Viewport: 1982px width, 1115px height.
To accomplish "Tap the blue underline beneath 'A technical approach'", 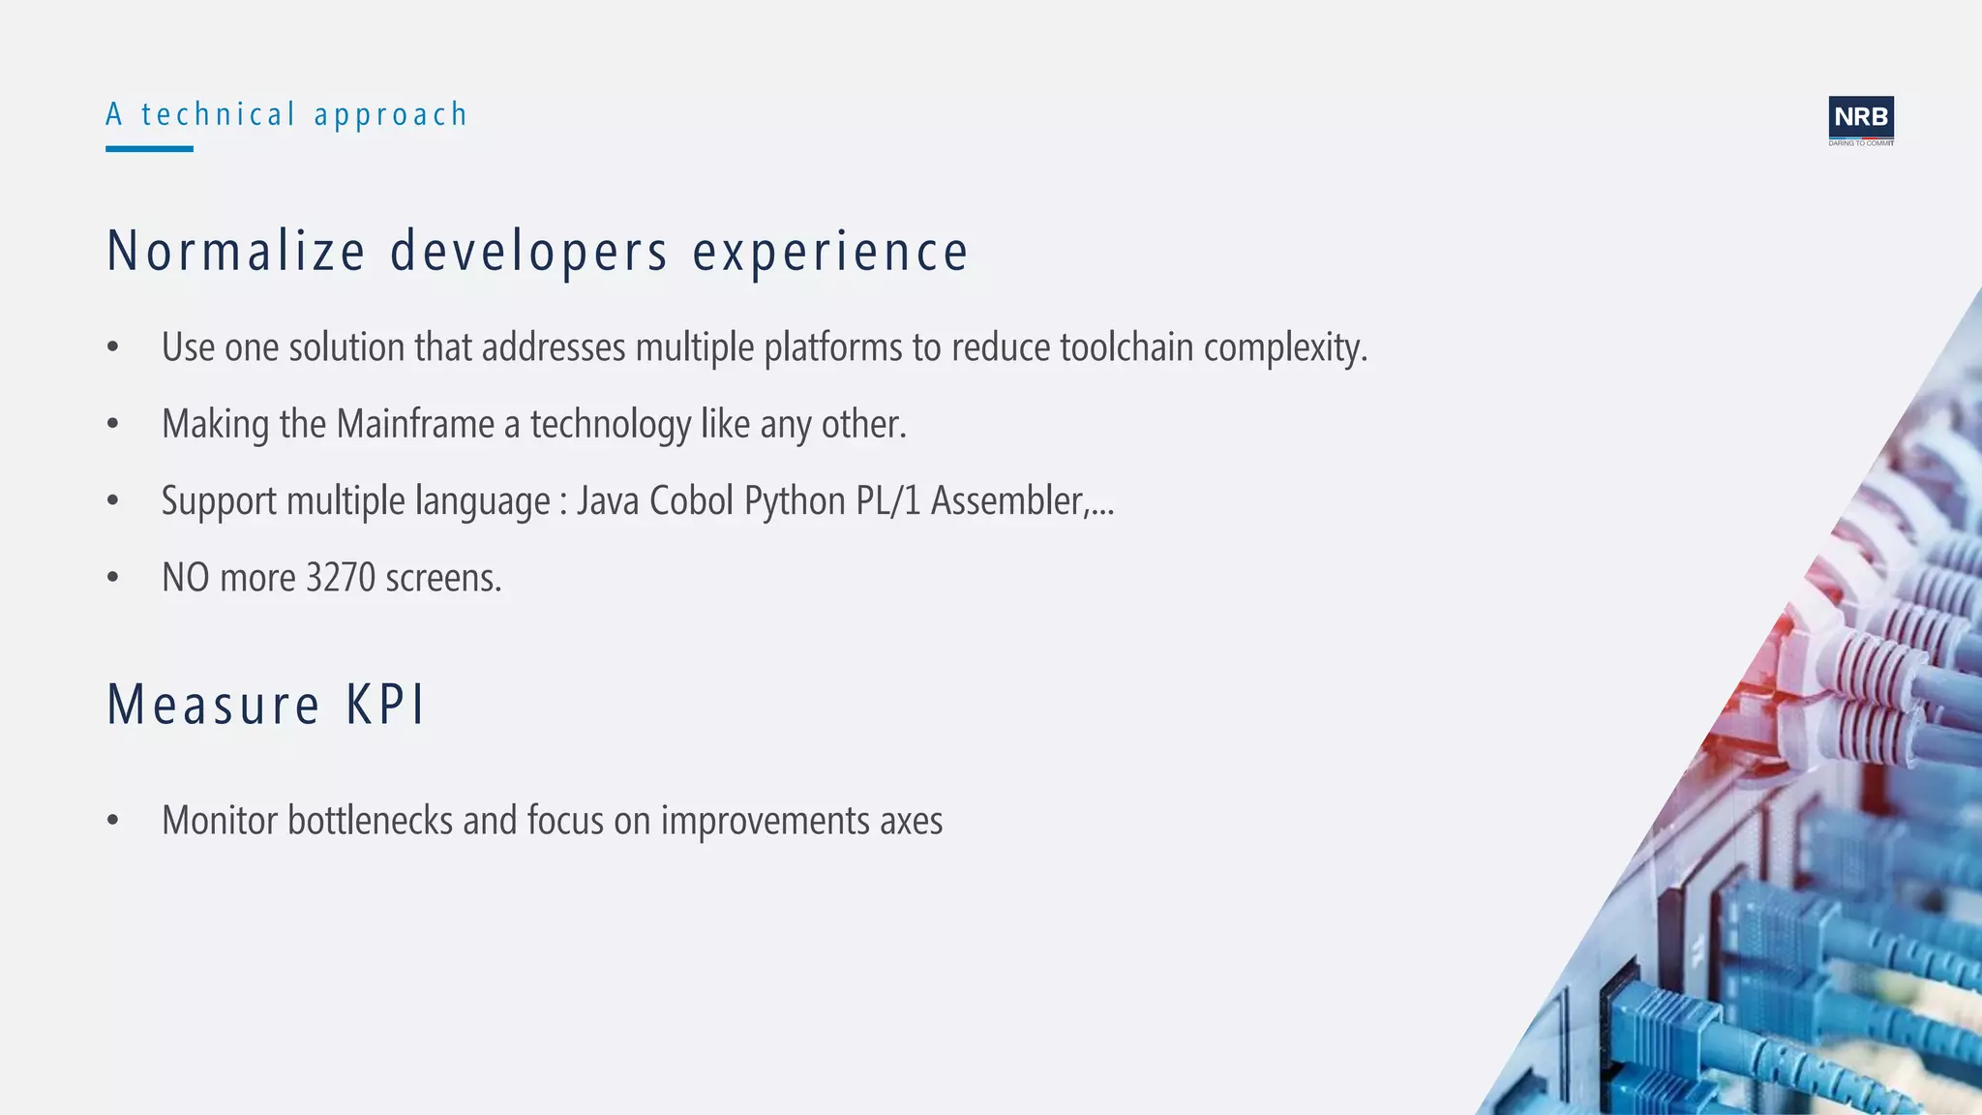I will [x=149, y=149].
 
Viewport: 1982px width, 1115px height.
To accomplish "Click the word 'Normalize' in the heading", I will [x=236, y=252].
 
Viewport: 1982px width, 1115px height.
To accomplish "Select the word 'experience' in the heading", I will [x=830, y=252].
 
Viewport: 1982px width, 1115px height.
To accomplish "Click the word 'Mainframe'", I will [x=415, y=424].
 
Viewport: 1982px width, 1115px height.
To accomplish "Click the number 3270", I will [x=341, y=578].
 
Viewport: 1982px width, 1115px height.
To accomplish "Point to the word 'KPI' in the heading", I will [x=385, y=705].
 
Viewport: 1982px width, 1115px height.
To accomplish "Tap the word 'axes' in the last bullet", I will [x=911, y=822].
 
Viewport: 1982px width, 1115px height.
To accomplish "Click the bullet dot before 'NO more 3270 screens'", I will [x=113, y=578].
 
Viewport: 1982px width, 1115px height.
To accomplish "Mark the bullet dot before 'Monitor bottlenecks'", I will [x=113, y=821].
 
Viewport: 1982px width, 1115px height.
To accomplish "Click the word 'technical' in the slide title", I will [x=218, y=115].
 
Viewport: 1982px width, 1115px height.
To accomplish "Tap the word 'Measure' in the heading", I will [x=213, y=705].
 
